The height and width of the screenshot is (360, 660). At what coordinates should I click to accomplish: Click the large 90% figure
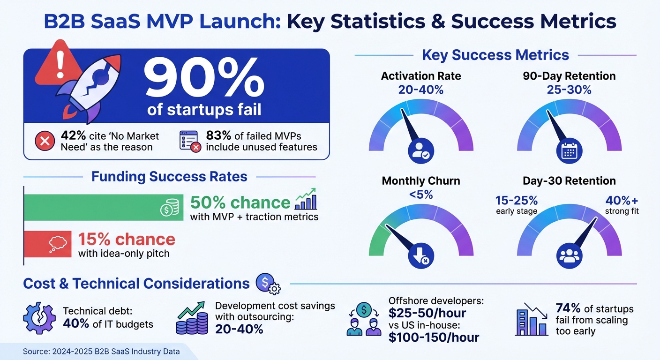204,79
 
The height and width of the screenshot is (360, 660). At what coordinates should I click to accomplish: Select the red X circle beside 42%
45,141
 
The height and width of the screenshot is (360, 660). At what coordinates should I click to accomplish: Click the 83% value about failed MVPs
219,136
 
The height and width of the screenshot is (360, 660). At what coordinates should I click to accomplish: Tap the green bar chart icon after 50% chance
306,200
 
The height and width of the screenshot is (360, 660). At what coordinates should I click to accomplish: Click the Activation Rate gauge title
421,76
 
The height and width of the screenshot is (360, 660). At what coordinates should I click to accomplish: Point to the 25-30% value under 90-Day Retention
569,90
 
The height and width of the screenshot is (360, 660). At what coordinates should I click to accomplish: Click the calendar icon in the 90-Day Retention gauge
569,151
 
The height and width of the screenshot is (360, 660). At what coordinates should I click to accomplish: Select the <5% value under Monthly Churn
420,195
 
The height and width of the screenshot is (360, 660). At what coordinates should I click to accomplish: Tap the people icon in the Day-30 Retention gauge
569,256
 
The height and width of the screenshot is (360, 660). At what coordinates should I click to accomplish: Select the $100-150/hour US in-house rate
434,337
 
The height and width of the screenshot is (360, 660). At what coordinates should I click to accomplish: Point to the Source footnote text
101,352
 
